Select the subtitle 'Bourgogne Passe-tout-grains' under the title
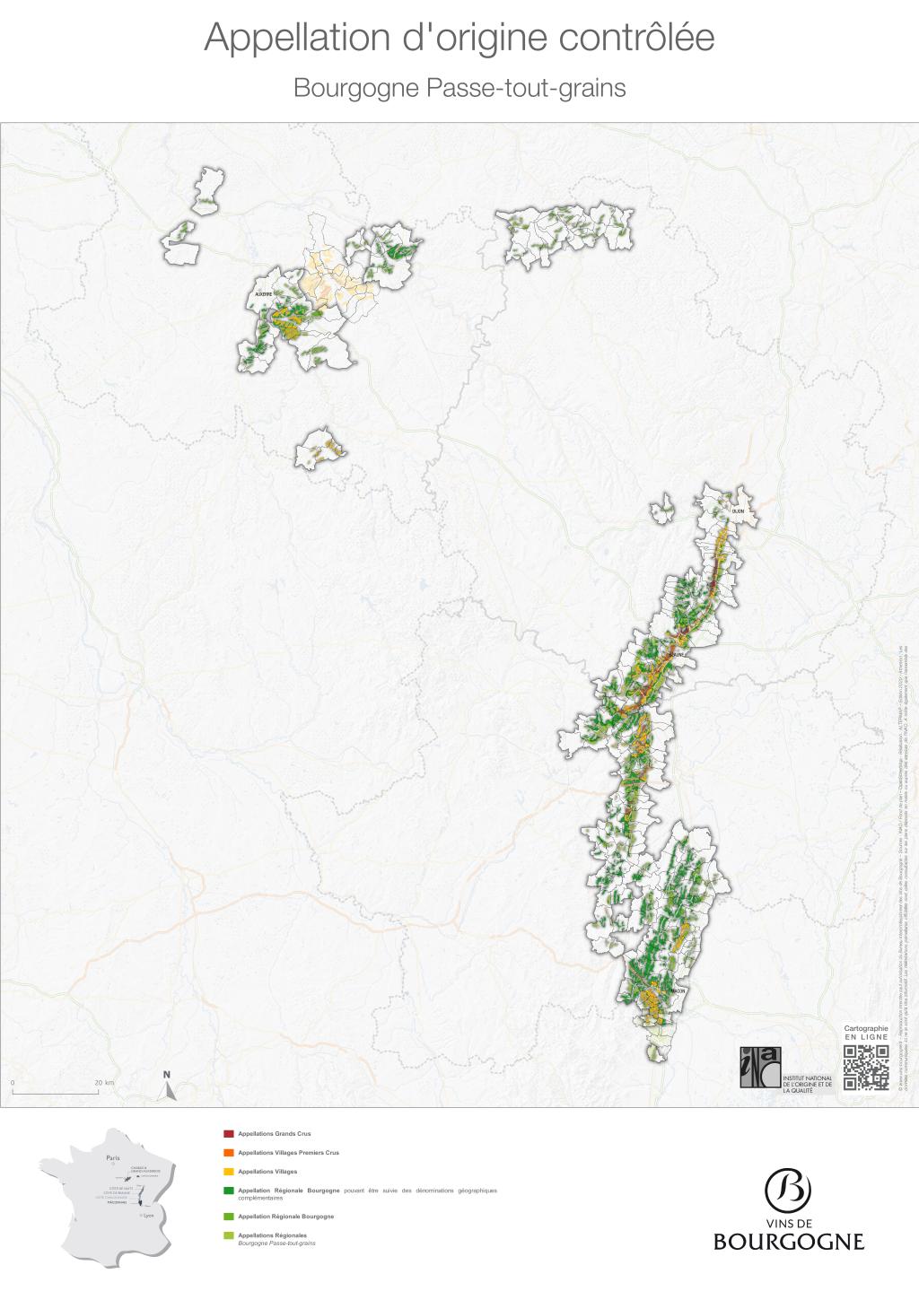[459, 89]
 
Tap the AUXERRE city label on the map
[263, 294]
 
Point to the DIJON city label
[738, 511]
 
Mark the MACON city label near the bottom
[678, 990]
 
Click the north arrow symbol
[167, 1087]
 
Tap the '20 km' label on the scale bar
[104, 1083]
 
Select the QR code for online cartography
[866, 1067]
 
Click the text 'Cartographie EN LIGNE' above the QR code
[866, 1032]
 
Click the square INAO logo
[760, 1067]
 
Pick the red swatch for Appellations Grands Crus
[228, 1134]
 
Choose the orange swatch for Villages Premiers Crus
[228, 1153]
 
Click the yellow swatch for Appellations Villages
[228, 1172]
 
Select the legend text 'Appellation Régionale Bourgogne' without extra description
[285, 1217]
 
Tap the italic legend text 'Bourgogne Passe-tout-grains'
[276, 1243]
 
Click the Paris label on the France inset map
[112, 1158]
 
